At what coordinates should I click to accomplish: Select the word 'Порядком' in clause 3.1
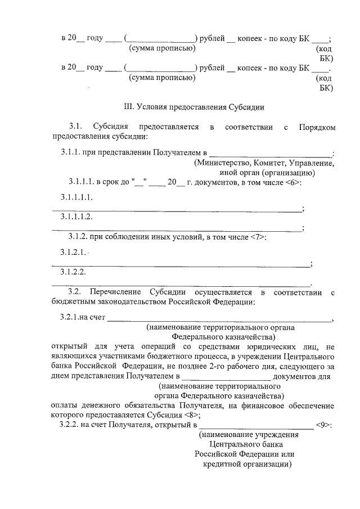coord(317,128)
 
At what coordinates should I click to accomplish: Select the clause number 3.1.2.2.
coord(73,272)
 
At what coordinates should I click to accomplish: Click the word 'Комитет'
coord(270,163)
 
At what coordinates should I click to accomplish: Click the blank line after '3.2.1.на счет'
coord(219,319)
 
